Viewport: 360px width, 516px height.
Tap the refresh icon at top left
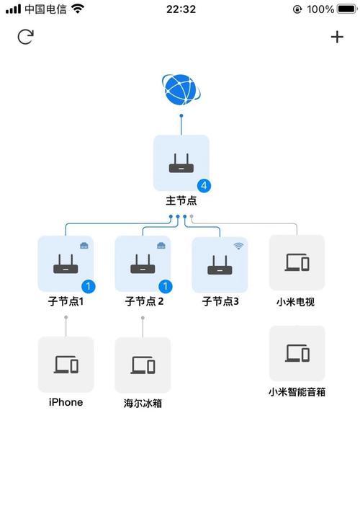(x=26, y=37)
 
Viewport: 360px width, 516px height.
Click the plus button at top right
(x=337, y=37)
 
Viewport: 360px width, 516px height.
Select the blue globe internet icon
(x=181, y=89)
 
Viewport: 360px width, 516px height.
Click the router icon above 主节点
(x=181, y=163)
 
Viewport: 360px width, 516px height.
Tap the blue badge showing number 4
(x=204, y=186)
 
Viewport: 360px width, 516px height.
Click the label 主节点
(x=181, y=200)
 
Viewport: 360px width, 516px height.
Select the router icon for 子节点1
(x=66, y=264)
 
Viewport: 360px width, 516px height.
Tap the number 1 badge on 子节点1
(x=88, y=286)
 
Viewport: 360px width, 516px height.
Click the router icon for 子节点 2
(x=143, y=264)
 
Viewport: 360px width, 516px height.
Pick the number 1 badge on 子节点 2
(x=166, y=286)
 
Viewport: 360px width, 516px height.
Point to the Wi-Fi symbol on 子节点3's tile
(x=239, y=246)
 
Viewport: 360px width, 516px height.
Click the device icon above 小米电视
(x=297, y=262)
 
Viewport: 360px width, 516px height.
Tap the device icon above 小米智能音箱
(x=297, y=353)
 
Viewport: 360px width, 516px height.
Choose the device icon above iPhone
(x=66, y=364)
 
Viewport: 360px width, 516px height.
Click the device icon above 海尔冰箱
(x=143, y=365)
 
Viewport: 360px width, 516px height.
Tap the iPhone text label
(x=66, y=402)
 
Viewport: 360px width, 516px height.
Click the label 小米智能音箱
(x=297, y=392)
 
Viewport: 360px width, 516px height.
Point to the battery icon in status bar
(x=347, y=9)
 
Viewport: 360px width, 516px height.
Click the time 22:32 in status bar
(x=181, y=9)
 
